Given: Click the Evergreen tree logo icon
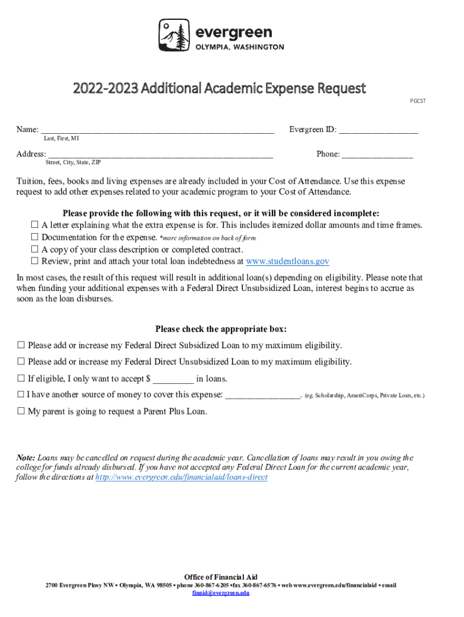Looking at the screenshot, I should click(x=173, y=35).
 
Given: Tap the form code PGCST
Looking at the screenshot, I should click(x=418, y=101).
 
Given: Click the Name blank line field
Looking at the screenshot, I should click(x=157, y=130).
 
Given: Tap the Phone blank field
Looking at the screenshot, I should click(x=377, y=154).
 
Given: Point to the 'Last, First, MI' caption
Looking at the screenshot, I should click(x=61, y=139).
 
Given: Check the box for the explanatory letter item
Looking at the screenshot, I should click(x=34, y=225).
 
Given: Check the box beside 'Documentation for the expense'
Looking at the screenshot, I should click(x=34, y=237).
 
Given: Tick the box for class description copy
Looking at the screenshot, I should click(x=34, y=249).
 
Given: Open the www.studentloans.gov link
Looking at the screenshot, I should click(x=288, y=262).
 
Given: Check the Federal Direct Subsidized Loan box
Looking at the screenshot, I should click(x=21, y=346).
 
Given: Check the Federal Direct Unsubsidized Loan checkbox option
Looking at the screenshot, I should click(x=21, y=362).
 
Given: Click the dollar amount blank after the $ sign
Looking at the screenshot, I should click(x=174, y=379).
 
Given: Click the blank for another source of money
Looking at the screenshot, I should click(x=262, y=395).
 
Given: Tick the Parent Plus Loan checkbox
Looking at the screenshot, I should click(x=21, y=412).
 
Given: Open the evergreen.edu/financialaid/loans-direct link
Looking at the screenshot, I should click(x=181, y=477).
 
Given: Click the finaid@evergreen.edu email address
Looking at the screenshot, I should click(x=221, y=593).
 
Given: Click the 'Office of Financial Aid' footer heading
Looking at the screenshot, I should click(x=221, y=577).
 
